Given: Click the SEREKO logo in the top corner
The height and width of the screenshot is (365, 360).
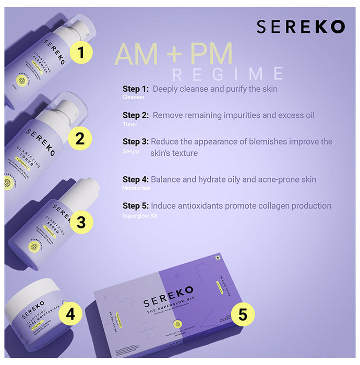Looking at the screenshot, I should [301, 27].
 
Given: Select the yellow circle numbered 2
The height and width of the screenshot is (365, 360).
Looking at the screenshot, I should [80, 139].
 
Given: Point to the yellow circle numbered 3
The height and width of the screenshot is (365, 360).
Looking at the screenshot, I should [81, 222].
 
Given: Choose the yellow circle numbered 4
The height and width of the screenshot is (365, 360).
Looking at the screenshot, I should [70, 314].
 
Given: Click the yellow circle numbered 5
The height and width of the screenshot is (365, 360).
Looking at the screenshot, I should [243, 314].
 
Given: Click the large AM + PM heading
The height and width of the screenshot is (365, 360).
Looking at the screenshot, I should [173, 55].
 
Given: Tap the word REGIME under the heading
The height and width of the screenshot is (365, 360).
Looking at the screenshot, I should [228, 74].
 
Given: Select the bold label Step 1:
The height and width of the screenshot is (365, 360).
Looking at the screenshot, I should [136, 89].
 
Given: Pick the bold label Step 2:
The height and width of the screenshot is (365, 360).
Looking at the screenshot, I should [136, 115].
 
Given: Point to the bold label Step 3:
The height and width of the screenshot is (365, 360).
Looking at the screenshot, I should [136, 142].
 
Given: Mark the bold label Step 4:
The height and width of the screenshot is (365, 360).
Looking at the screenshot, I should [136, 180].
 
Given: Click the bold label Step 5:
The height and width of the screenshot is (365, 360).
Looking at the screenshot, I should [136, 206].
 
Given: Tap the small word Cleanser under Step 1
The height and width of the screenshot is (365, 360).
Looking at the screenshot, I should [134, 98].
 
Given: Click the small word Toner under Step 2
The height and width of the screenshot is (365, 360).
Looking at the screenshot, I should [130, 125].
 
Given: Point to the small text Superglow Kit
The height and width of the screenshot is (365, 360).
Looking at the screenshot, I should [139, 215].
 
